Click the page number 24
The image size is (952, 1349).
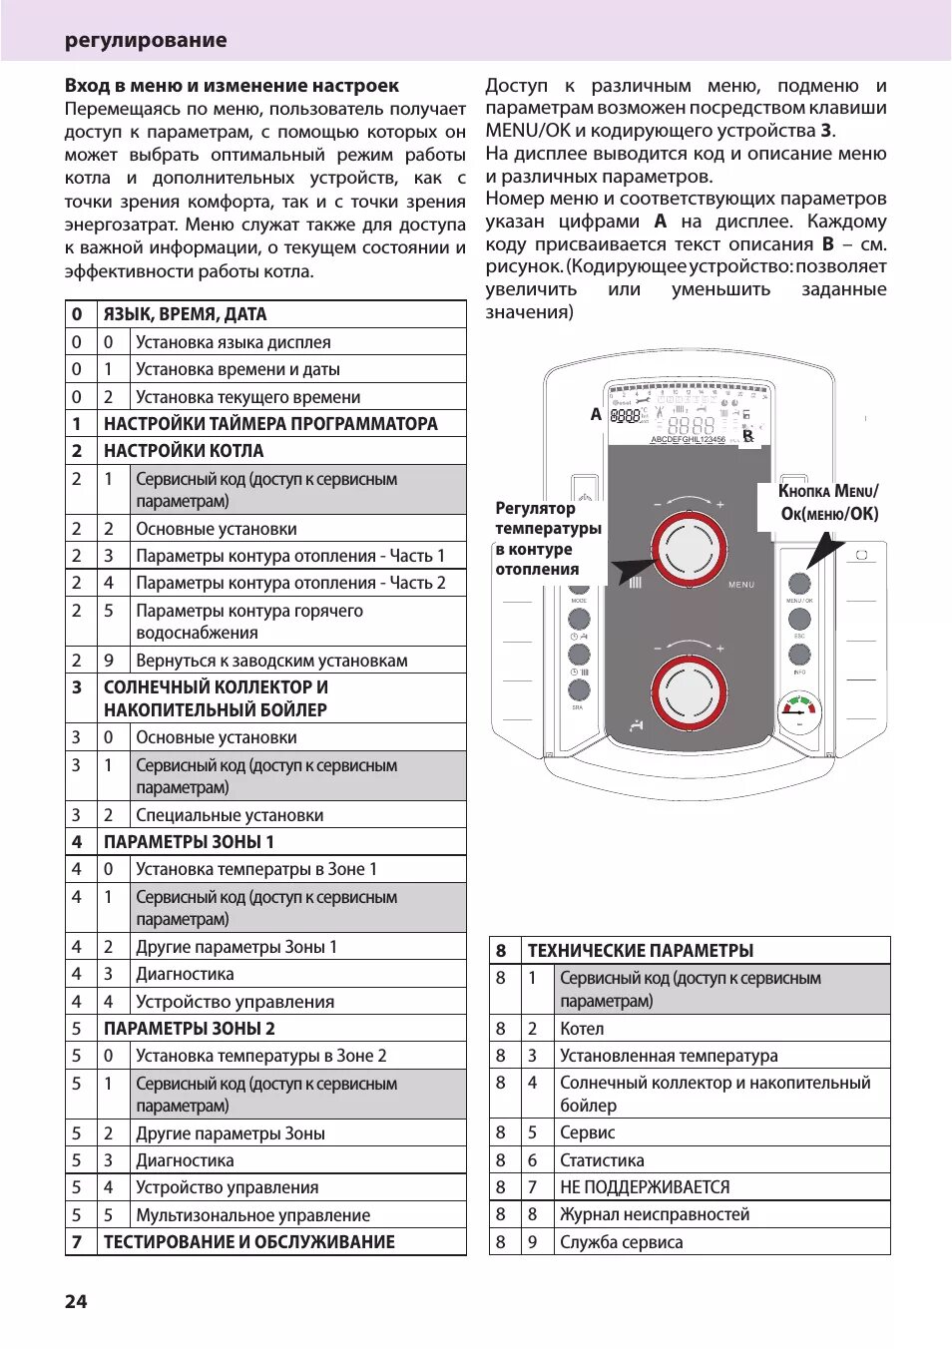point(76,1301)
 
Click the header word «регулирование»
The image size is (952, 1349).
point(146,40)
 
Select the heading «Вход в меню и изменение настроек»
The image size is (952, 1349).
point(232,86)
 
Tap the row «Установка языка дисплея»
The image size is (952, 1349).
point(234,342)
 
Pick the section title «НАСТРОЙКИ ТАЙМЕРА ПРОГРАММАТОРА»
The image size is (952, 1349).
point(270,424)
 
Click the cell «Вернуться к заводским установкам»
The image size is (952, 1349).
point(271,661)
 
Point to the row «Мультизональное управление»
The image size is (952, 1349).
point(253,1215)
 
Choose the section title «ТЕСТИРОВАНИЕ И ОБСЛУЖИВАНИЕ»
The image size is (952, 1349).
point(249,1242)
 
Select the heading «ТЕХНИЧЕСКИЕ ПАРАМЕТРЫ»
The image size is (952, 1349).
point(641,951)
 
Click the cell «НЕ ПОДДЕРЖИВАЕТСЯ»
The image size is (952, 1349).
point(645,1187)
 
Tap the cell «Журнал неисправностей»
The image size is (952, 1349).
point(655,1214)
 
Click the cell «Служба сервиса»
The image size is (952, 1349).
point(622,1242)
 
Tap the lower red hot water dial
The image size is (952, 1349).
point(689,692)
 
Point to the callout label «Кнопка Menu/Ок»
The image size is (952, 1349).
point(828,502)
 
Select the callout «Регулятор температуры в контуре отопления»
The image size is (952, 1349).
point(548,539)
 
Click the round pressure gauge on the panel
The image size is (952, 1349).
point(799,712)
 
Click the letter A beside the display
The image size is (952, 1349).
point(596,414)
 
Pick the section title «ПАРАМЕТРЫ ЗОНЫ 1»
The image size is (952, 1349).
point(189,842)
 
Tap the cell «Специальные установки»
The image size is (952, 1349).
point(230,815)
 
